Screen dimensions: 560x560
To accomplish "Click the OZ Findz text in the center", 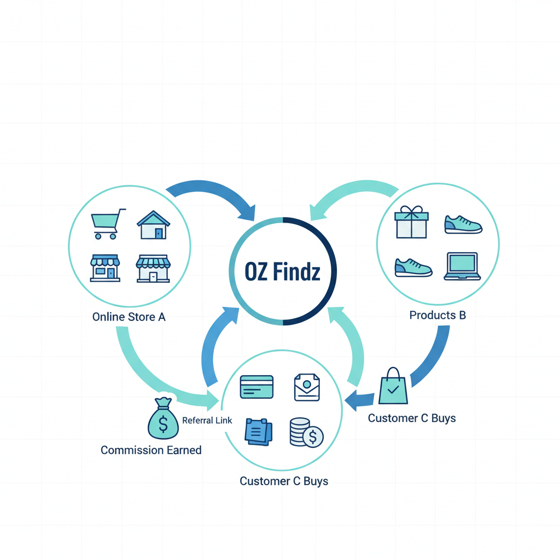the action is [283, 271].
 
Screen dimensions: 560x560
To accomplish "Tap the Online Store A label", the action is [129, 317].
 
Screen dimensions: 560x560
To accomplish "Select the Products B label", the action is [437, 315].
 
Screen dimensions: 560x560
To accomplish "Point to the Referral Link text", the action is [207, 421].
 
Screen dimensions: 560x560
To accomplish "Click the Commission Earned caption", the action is [151, 450].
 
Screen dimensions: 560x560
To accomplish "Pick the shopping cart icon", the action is [108, 224].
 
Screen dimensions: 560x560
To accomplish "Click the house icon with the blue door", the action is [154, 225].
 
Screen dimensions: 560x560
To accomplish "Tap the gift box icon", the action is [411, 222].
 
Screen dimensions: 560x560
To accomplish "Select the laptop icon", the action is [462, 266].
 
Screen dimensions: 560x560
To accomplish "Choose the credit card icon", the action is [257, 387].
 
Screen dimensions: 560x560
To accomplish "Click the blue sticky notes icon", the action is [259, 432].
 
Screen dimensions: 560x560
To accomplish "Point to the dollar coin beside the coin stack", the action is [313, 436].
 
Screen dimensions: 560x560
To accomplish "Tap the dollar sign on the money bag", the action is [163, 424].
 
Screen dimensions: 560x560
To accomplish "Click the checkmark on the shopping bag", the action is [393, 389].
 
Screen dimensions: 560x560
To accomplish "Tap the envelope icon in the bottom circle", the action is [307, 387].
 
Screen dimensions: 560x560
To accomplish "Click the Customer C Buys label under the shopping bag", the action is [412, 418].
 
